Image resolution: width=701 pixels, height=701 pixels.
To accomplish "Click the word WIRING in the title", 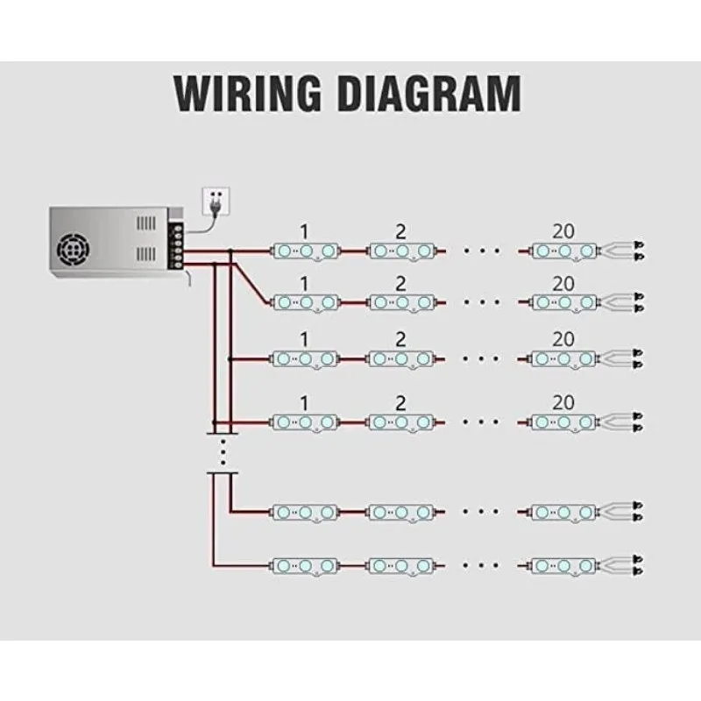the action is [248, 93].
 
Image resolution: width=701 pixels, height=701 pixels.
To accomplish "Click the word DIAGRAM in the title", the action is [429, 93].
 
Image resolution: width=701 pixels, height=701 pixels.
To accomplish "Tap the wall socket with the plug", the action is [216, 201].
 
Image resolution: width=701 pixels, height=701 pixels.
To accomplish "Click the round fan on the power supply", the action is [74, 249].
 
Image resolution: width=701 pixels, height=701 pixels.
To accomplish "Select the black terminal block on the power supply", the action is [177, 244].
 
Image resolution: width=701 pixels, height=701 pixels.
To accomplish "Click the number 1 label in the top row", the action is [304, 231].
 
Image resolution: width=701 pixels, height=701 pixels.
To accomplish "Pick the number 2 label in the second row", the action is [401, 283].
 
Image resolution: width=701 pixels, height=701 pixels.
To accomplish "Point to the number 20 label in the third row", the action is [563, 339].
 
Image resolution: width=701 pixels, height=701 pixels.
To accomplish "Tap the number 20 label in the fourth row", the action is [563, 403].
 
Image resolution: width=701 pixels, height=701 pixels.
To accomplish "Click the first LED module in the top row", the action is [306, 251].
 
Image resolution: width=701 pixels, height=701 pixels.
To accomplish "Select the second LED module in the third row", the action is [401, 358].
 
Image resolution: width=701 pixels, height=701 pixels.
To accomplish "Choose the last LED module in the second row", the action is [564, 302].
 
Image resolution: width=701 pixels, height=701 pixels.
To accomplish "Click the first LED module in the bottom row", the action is [305, 566].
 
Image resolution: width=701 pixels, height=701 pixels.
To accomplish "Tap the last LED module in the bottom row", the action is [563, 566].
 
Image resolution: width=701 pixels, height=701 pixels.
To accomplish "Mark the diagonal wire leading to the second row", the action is [251, 283].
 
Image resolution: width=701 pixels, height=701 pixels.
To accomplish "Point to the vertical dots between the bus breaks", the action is [223, 451].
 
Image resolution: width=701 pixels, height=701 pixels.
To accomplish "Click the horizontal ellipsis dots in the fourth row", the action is [481, 421].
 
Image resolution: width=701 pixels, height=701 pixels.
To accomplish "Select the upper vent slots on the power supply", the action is [146, 223].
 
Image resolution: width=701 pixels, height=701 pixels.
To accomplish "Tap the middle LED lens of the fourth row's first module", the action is [305, 422].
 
